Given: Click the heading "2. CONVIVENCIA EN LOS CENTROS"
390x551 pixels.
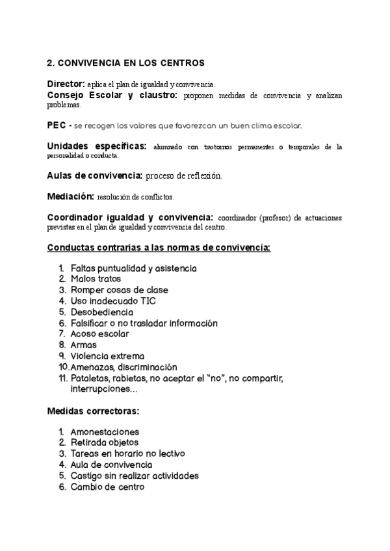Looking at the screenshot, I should [125, 63].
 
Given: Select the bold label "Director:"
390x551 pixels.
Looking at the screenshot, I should [66, 84].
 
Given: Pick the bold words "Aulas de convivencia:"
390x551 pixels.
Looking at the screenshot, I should [95, 175].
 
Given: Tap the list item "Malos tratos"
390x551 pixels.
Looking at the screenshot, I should [96, 279].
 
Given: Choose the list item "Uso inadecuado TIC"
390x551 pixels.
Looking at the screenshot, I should [113, 301].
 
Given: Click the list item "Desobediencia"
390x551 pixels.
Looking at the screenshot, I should [102, 312].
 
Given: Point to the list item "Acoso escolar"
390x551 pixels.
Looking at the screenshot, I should [99, 334].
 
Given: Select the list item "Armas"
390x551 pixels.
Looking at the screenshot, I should [83, 345].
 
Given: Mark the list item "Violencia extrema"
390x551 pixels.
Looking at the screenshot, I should [107, 356].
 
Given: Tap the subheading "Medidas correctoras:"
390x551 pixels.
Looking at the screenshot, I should [94, 411].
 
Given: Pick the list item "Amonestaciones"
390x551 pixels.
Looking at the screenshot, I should [105, 431].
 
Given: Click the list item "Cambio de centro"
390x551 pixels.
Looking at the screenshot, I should [107, 487].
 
